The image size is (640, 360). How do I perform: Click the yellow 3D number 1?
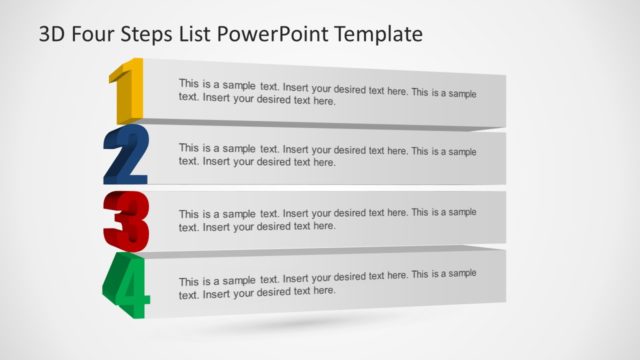(127, 92)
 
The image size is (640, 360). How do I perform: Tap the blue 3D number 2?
(126, 155)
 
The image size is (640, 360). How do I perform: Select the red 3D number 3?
(126, 220)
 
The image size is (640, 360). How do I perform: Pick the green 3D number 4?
(126, 285)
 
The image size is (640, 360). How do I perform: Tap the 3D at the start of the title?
(55, 35)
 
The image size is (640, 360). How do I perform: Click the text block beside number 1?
(327, 92)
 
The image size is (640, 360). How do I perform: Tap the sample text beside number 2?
(327, 155)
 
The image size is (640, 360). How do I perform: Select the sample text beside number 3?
(327, 219)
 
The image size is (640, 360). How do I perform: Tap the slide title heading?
(230, 35)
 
